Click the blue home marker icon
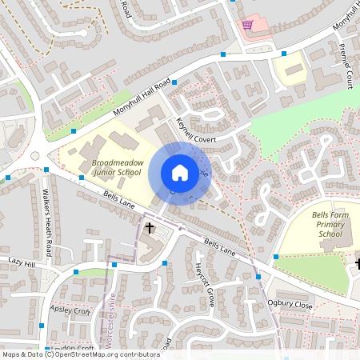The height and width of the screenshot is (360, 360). [180, 172]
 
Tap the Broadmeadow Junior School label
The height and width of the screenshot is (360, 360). [118, 166]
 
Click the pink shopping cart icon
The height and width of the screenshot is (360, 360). [248, 25]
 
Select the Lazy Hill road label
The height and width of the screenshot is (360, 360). [22, 262]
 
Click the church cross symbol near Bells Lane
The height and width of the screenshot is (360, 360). [150, 229]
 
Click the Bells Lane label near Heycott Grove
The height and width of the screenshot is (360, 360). [220, 246]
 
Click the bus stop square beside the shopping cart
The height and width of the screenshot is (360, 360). [223, 54]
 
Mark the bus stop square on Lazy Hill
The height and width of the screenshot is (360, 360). [76, 272]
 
